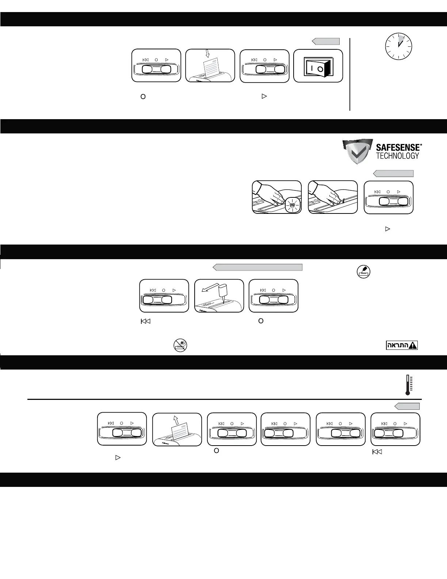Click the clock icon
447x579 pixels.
(398, 46)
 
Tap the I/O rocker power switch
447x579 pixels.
(317, 68)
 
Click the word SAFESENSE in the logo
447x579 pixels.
(399, 148)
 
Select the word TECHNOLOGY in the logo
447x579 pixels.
(398, 156)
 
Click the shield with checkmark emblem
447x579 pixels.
(357, 152)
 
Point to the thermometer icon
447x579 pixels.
(408, 385)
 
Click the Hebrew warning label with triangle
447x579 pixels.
(402, 345)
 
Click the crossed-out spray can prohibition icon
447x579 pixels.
(180, 345)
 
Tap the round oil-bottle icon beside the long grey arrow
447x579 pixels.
(363, 271)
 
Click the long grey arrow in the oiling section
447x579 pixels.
(257, 267)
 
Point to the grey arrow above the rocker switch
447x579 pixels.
(325, 41)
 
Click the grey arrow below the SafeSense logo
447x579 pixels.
(393, 174)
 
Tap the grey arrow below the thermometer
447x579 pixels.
(407, 406)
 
